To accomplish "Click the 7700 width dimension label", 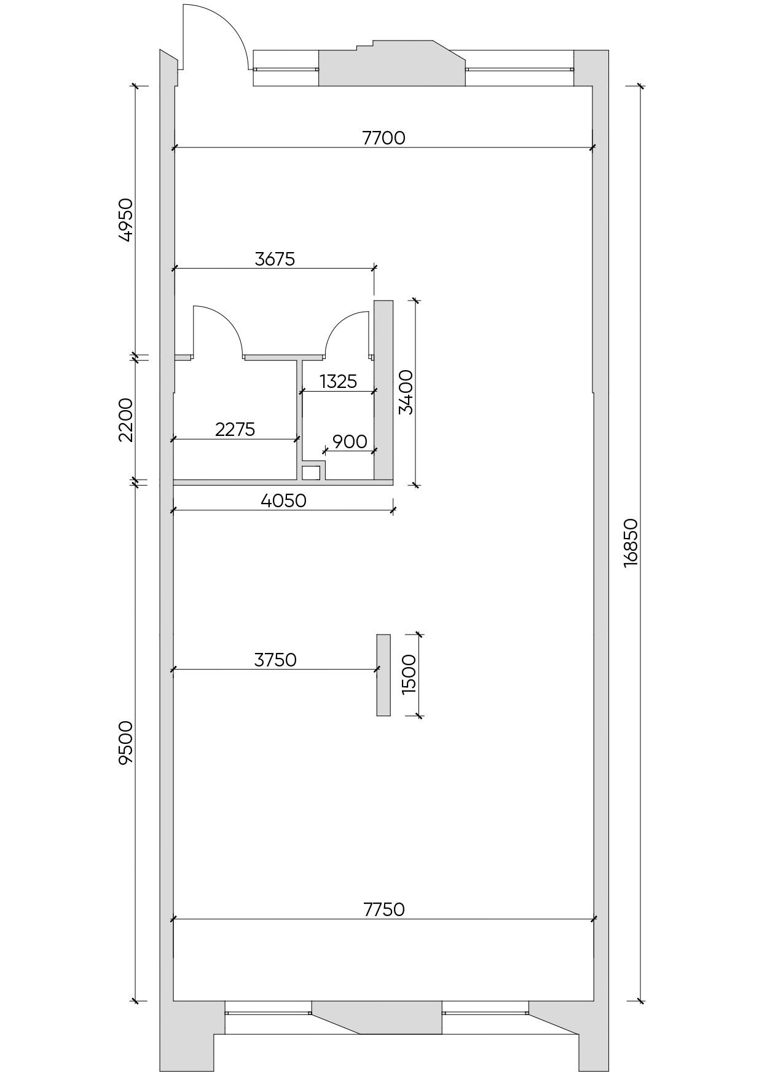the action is (384, 138).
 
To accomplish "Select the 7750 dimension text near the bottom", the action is (384, 909).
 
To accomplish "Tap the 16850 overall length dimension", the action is (631, 543).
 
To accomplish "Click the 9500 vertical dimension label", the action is (125, 743).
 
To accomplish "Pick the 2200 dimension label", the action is (125, 420).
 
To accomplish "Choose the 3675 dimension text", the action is (275, 259).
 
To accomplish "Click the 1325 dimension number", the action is (338, 382).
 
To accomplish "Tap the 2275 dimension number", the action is (235, 429).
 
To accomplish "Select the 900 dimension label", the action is (350, 441).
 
